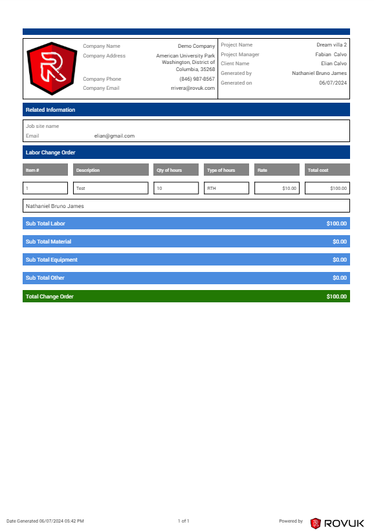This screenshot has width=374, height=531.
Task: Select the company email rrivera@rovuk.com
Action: pyautogui.click(x=192, y=88)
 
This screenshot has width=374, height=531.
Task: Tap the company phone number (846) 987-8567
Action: pyautogui.click(x=197, y=79)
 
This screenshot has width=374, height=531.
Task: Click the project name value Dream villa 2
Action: pyautogui.click(x=331, y=45)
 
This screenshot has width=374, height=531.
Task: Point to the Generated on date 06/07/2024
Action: pyautogui.click(x=333, y=83)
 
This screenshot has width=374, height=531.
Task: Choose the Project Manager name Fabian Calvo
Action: pyautogui.click(x=331, y=54)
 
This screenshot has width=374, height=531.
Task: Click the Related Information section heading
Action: pyautogui.click(x=50, y=110)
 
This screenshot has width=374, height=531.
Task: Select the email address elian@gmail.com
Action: pyautogui.click(x=114, y=136)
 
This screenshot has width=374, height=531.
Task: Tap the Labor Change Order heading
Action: pyautogui.click(x=50, y=152)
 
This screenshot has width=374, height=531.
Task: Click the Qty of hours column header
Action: pyautogui.click(x=170, y=170)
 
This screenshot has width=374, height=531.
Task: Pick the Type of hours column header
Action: pyautogui.click(x=221, y=170)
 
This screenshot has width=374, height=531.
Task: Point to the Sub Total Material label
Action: pyautogui.click(x=49, y=242)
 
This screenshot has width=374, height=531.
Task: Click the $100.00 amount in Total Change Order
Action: pyautogui.click(x=336, y=297)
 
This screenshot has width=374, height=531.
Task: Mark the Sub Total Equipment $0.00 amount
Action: pyautogui.click(x=339, y=260)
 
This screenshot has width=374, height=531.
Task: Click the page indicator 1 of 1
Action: pyautogui.click(x=183, y=521)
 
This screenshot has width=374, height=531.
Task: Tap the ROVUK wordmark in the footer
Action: pyautogui.click(x=344, y=523)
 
